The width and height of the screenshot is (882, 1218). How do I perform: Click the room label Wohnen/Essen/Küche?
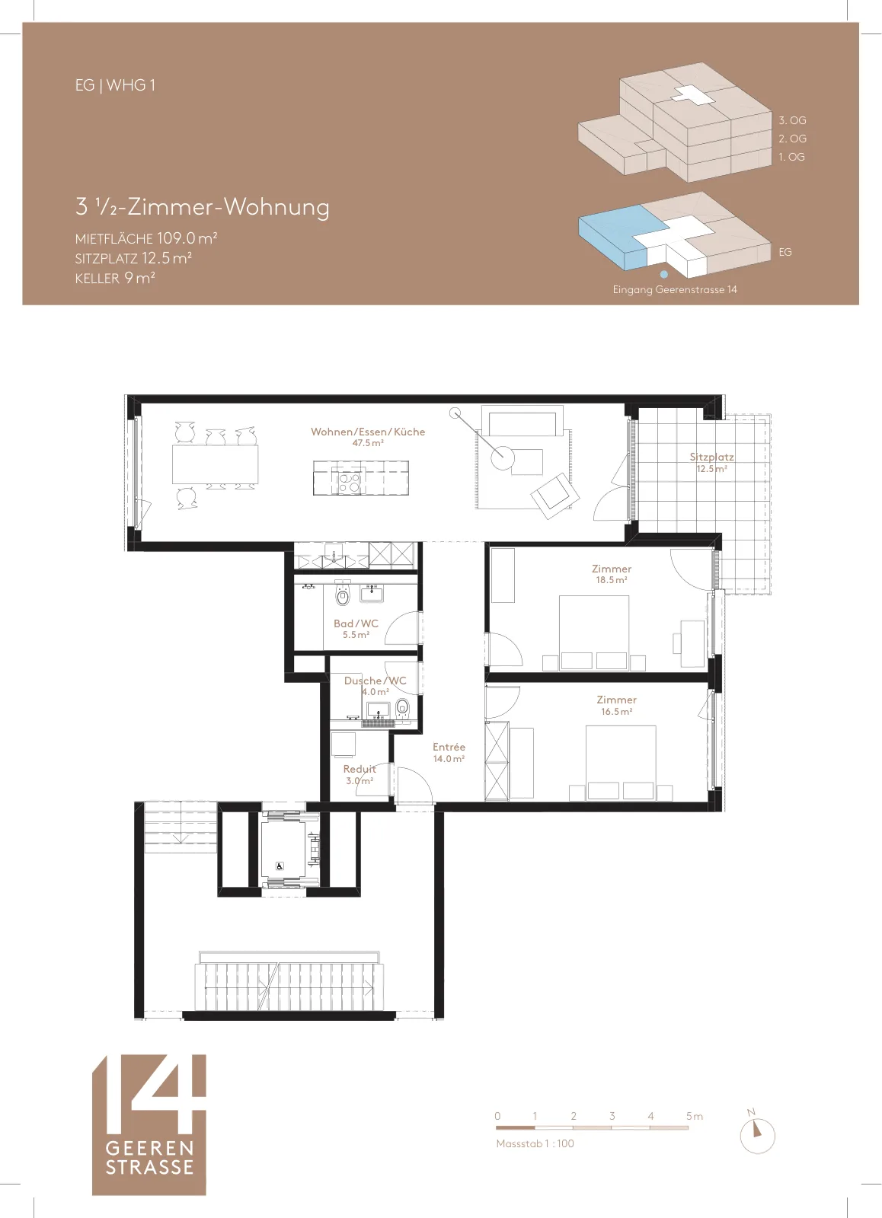click(368, 432)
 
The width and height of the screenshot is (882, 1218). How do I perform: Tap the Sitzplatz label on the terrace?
click(711, 458)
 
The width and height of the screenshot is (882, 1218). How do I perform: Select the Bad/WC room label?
click(356, 623)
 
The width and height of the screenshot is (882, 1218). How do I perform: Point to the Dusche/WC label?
click(375, 681)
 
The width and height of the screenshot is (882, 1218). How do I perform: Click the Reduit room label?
click(359, 770)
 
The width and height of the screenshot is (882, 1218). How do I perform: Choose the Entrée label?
click(449, 747)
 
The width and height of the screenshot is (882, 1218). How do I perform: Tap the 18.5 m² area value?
click(612, 580)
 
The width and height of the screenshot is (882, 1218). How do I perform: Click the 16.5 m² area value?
click(616, 712)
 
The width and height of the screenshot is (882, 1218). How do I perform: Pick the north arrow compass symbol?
click(757, 1135)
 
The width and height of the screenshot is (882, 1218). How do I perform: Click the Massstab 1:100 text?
click(535, 1143)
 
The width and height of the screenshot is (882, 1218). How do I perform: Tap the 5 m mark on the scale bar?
click(695, 1116)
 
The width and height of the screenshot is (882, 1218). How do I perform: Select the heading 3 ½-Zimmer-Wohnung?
click(203, 207)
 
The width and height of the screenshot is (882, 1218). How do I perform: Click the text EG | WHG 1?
click(115, 85)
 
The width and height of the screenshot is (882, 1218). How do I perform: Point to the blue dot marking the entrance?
click(664, 275)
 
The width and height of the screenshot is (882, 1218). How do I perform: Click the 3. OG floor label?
click(792, 120)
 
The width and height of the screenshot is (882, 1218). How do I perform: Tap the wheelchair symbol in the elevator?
click(280, 867)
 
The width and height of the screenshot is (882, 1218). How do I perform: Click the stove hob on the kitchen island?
click(349, 483)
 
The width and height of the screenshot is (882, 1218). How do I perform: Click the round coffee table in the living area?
click(502, 458)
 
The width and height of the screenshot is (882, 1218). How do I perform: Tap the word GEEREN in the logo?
click(149, 1149)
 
